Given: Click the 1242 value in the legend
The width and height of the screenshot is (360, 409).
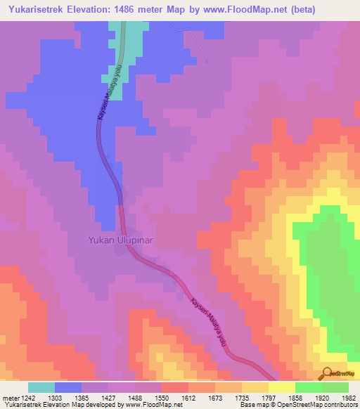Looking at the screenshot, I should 28,397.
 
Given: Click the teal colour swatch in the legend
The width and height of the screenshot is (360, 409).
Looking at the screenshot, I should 41,387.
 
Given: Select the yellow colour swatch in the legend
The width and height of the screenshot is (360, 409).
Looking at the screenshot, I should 282,387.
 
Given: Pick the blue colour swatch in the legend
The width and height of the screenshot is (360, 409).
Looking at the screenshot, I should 68,387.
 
